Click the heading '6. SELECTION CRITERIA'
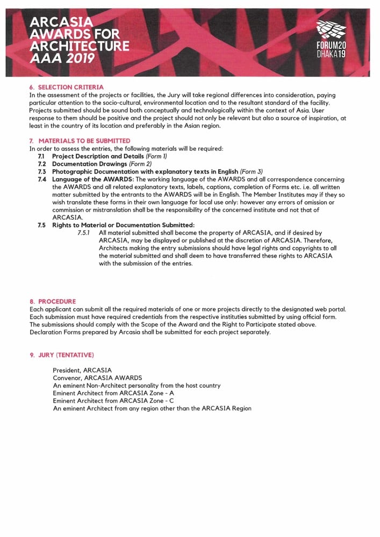(x=66, y=87)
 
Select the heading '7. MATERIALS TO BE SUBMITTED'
(x=80, y=141)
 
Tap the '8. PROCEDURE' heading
(x=53, y=301)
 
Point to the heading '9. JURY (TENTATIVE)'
(x=62, y=355)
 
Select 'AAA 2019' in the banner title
(x=62, y=57)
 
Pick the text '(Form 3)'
(x=252, y=171)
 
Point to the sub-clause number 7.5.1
(x=85, y=233)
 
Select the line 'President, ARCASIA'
(x=82, y=371)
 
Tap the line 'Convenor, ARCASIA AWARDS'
(x=97, y=378)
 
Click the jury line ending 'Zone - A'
(x=113, y=393)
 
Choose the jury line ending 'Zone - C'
(x=113, y=401)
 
